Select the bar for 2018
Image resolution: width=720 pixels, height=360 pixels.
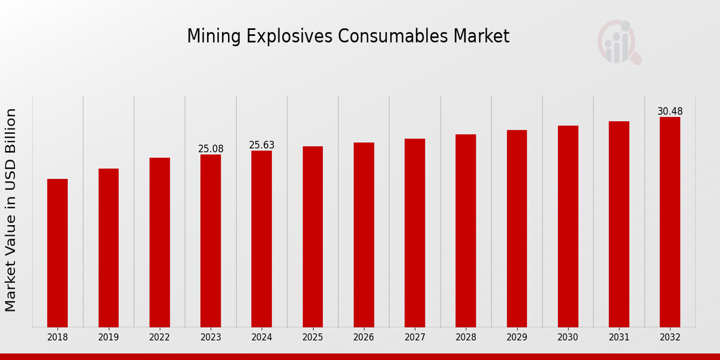(x=58, y=253)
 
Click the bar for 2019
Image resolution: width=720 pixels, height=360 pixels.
(x=109, y=248)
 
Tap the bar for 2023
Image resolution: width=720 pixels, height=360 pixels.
(x=211, y=241)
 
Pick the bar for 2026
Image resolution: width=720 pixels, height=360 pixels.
(x=364, y=235)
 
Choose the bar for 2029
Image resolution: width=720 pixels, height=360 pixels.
(x=517, y=229)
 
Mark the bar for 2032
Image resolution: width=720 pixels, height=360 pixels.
(x=670, y=222)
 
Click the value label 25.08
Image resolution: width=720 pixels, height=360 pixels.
(x=211, y=149)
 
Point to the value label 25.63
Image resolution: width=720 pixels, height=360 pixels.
(x=262, y=145)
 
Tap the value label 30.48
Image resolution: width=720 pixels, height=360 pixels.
(x=670, y=112)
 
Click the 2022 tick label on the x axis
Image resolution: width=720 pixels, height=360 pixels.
(x=160, y=338)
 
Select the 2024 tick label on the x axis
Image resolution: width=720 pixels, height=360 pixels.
(x=262, y=338)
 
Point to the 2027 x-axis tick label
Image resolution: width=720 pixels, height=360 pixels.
(x=415, y=338)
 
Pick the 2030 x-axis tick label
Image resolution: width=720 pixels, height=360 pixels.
(x=568, y=338)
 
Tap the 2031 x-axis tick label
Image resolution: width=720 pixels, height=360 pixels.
(x=619, y=338)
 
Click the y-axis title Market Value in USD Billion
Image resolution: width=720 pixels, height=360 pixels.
(x=11, y=210)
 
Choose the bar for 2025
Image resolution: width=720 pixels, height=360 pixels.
(x=313, y=236)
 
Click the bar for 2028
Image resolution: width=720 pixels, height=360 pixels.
(x=466, y=230)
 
